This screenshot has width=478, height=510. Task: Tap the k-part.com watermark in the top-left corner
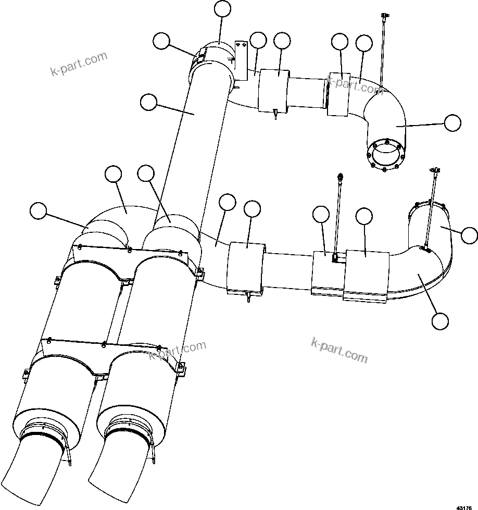[x=79, y=64]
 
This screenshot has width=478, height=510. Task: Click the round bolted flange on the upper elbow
[x=385, y=154]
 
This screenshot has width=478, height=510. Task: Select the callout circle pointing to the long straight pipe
[x=148, y=103]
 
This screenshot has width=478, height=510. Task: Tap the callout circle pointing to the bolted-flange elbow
[x=452, y=123]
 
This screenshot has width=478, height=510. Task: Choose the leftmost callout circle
[x=37, y=211]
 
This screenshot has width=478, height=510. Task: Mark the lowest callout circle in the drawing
[x=440, y=321]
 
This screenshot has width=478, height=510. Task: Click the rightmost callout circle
[x=470, y=235]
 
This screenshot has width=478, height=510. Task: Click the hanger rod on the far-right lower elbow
[x=431, y=208]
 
